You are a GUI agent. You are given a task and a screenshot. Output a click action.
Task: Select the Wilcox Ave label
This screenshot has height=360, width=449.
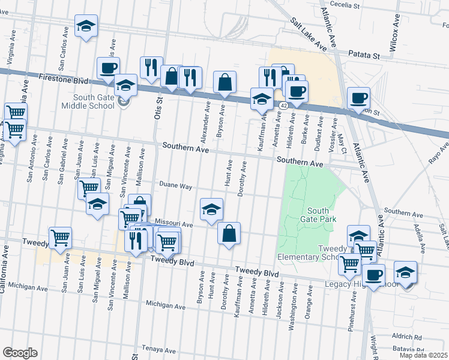[396, 37]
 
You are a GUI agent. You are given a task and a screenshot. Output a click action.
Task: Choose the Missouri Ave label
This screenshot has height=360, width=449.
[173, 224]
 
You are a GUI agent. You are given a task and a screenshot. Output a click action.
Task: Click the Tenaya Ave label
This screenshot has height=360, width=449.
[157, 348]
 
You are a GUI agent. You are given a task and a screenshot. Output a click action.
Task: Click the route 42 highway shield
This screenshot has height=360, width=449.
[282, 104]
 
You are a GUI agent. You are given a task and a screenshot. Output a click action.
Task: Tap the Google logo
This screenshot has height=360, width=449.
[20, 353]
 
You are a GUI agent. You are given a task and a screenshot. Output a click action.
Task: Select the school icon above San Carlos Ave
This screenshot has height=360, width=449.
[86, 26]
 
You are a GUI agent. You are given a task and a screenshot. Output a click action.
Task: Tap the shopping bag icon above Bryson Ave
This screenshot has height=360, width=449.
[224, 82]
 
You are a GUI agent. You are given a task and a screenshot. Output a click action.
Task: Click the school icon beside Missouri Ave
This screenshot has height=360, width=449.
[211, 209]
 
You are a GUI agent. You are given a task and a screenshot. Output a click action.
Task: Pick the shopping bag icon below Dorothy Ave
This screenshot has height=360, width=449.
[229, 233]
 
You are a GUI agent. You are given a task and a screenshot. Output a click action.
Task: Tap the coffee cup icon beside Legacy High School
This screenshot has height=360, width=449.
[373, 275]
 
